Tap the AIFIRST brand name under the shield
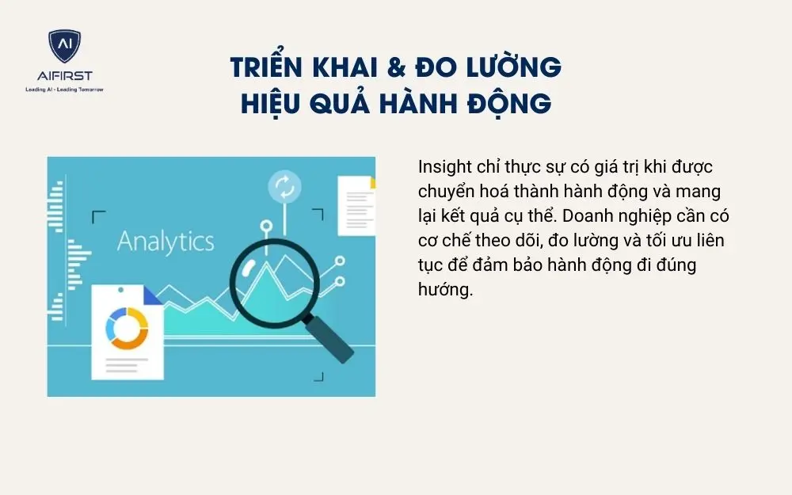coord(64,76)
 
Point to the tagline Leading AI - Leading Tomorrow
coord(64,89)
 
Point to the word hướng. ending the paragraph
coord(445,289)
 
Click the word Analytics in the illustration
coord(166,241)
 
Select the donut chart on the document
coord(128,328)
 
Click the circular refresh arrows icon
coord(284,187)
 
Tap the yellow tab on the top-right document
coord(372,183)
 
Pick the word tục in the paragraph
coord(430,265)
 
